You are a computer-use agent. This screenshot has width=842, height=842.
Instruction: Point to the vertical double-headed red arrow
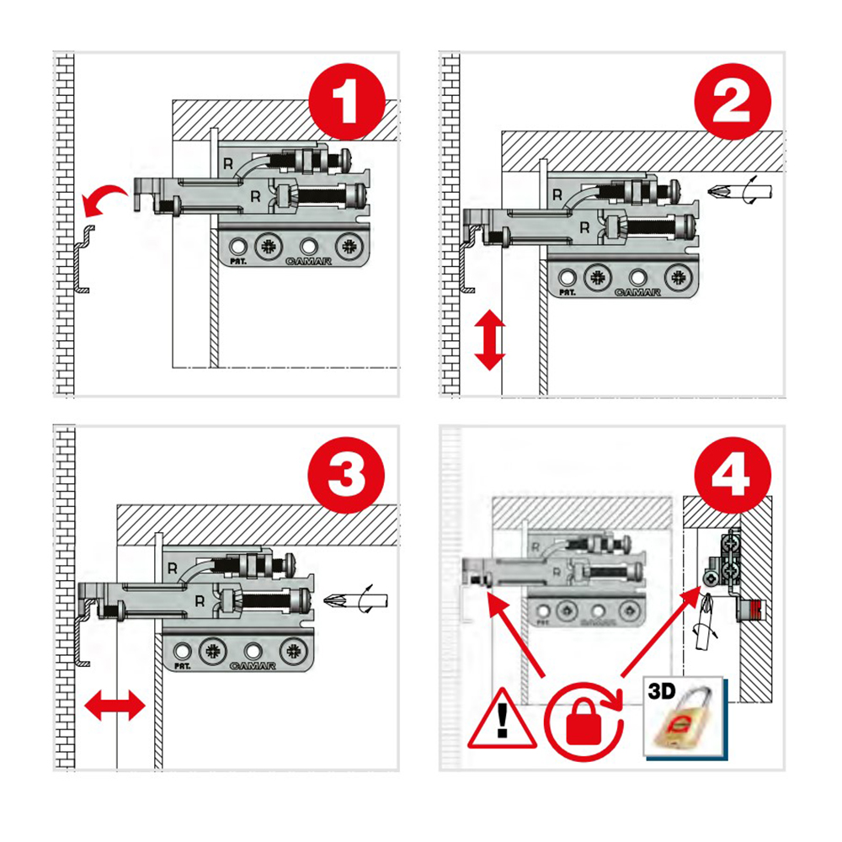tap(489, 340)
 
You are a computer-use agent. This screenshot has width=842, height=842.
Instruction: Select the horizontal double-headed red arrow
tap(115, 703)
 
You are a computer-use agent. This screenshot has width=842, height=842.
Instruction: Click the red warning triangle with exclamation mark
tap(504, 720)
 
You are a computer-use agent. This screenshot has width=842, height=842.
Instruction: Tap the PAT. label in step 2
tap(567, 293)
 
